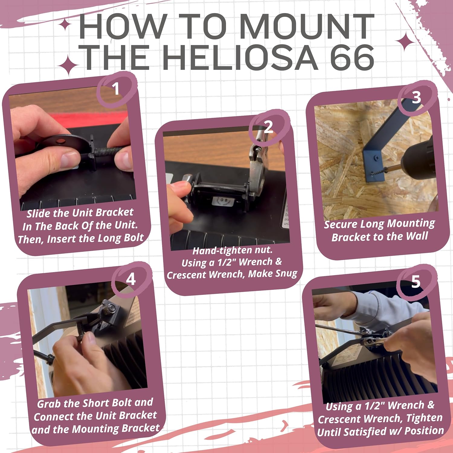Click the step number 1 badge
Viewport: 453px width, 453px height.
(x=116, y=89)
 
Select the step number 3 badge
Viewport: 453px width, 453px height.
(x=416, y=97)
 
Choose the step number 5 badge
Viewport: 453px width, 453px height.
(x=416, y=282)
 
